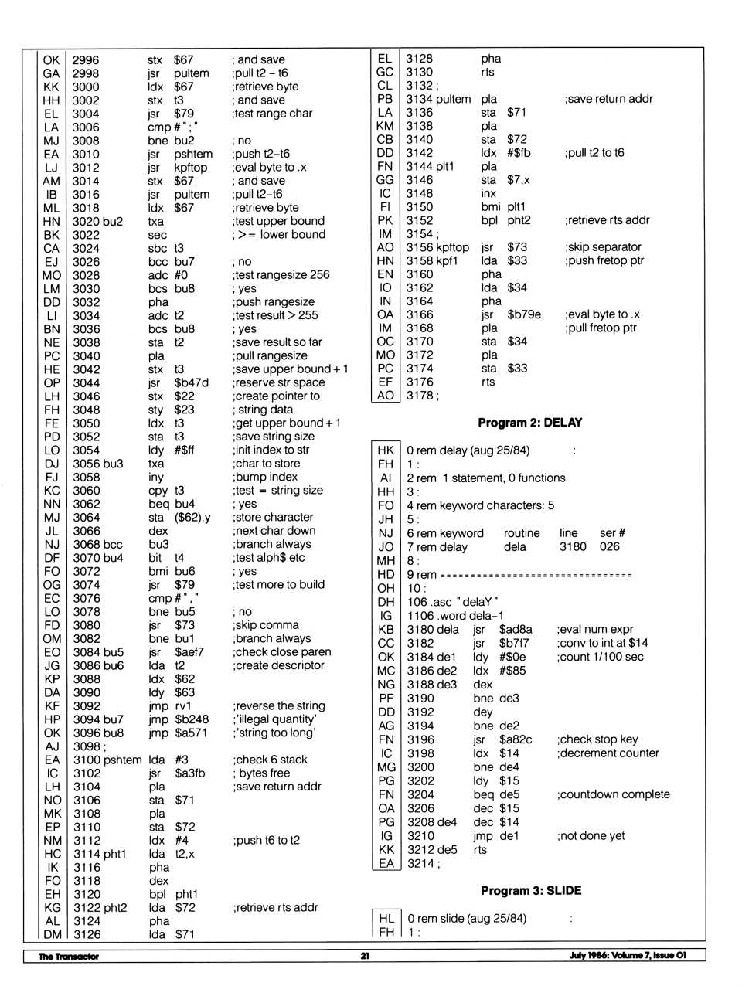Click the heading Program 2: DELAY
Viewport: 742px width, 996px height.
[x=529, y=423]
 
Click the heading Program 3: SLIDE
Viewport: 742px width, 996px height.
[x=531, y=890]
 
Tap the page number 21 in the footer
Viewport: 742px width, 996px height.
[x=365, y=956]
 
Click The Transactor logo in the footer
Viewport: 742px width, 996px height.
[x=69, y=956]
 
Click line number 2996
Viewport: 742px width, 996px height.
[x=85, y=59]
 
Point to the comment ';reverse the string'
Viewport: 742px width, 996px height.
[x=279, y=705]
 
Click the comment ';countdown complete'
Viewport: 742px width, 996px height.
[x=614, y=794]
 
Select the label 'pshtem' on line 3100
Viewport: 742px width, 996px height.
[x=124, y=760]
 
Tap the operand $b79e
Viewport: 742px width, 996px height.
[x=524, y=314]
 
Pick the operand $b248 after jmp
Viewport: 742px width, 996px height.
[x=191, y=719]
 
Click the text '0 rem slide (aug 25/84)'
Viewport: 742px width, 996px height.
[x=467, y=918]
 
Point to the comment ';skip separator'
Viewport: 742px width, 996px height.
[x=603, y=247]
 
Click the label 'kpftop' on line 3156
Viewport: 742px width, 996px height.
[x=453, y=247]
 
